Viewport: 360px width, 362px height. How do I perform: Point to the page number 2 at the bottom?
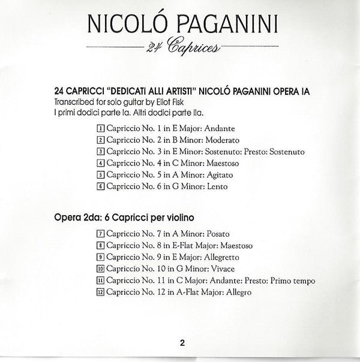coord(181,343)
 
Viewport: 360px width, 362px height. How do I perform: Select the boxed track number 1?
coord(100,129)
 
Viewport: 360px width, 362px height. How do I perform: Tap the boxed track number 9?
coord(100,258)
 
